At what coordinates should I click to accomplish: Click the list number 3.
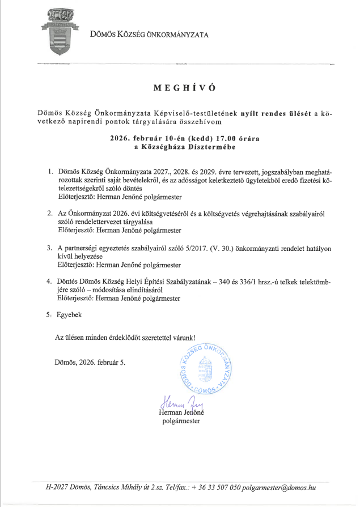coord(50,248)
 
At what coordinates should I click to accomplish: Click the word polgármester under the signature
coord(181,421)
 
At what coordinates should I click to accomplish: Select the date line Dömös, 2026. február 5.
coord(91,362)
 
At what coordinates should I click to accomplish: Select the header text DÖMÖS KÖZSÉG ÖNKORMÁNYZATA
coord(149,35)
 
